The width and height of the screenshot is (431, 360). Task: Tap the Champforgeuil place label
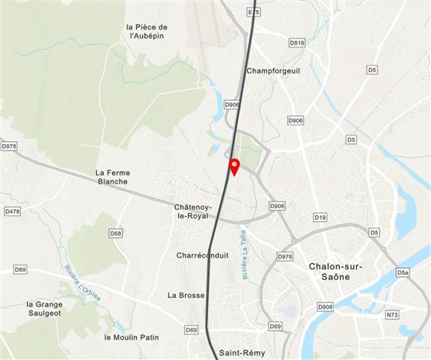pyautogui.click(x=272, y=71)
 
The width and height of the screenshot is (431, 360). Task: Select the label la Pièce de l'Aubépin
pyautogui.click(x=147, y=31)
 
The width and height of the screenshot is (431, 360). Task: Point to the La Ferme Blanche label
pyautogui.click(x=113, y=177)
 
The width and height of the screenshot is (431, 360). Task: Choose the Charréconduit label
pyautogui.click(x=200, y=255)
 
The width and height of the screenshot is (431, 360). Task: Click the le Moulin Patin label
pyautogui.click(x=131, y=338)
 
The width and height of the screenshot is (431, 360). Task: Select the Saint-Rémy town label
pyautogui.click(x=241, y=353)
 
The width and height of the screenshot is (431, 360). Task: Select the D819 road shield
pyautogui.click(x=296, y=43)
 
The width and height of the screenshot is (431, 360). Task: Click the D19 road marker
pyautogui.click(x=320, y=218)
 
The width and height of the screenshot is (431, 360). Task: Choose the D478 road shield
pyautogui.click(x=12, y=211)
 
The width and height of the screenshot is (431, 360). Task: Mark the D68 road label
pyautogui.click(x=115, y=233)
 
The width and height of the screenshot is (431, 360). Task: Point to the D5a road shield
pyautogui.click(x=402, y=273)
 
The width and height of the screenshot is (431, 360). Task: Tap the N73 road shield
pyautogui.click(x=392, y=314)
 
